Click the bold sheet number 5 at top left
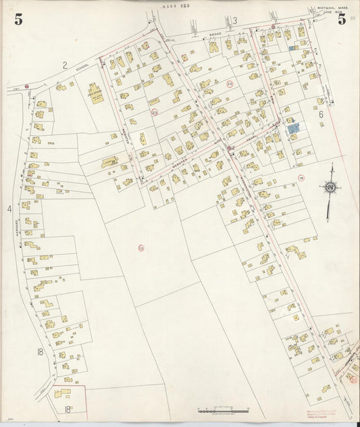(x=18, y=19)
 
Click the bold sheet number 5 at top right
(x=342, y=19)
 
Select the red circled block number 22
(x=230, y=84)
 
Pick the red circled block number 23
(x=154, y=112)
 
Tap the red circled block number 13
(x=141, y=248)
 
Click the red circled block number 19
(x=301, y=178)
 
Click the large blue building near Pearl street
(x=292, y=127)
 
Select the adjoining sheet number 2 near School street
(x=65, y=65)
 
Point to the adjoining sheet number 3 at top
(x=235, y=21)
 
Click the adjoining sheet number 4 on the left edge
(x=9, y=209)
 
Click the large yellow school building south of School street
(x=96, y=93)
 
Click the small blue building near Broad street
(x=292, y=49)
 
